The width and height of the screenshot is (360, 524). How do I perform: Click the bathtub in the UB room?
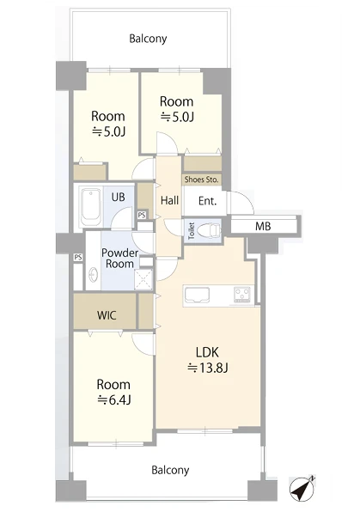click(x=91, y=207)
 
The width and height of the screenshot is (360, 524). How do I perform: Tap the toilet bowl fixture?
click(x=209, y=230)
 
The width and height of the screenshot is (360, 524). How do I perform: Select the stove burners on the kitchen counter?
click(x=242, y=295)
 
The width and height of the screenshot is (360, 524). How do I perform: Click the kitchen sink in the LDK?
click(x=197, y=296)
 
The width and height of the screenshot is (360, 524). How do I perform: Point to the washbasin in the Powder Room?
click(x=94, y=276)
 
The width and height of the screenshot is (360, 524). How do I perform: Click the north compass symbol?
click(x=302, y=489)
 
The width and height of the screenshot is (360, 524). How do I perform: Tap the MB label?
click(x=263, y=227)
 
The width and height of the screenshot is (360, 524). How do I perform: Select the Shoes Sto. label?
click(x=202, y=180)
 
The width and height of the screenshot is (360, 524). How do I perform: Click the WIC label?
click(x=107, y=315)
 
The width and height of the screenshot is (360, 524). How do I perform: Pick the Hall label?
click(x=169, y=200)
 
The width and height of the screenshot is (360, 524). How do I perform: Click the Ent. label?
click(x=208, y=201)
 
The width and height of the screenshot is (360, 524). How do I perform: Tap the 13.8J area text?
click(x=208, y=368)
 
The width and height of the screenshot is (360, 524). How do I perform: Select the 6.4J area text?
click(x=113, y=399)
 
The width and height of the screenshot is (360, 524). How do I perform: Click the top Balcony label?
click(x=148, y=39)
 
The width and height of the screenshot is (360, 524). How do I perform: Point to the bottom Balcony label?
click(x=170, y=470)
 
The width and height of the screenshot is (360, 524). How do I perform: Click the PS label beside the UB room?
click(x=142, y=215)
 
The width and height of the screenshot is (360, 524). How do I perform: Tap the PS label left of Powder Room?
click(x=78, y=258)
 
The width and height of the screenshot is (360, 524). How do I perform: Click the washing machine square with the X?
click(x=143, y=279)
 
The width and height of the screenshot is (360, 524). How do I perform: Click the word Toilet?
click(x=192, y=230)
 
